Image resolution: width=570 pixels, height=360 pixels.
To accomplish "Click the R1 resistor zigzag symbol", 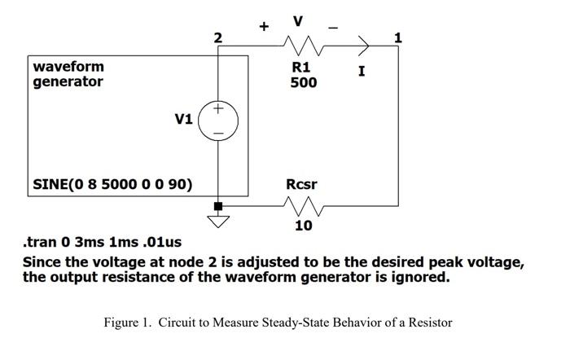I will (303, 46).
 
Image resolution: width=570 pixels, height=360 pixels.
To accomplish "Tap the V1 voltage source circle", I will (218, 120).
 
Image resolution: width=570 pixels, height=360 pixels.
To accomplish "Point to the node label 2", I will (216, 37).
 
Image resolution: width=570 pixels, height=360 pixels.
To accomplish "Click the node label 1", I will (397, 37).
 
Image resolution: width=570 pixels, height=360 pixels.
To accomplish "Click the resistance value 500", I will (304, 83).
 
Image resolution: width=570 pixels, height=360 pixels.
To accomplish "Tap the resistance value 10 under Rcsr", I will (303, 226).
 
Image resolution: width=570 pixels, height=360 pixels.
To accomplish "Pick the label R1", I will (301, 68).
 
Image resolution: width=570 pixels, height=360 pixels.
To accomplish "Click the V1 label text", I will (184, 119).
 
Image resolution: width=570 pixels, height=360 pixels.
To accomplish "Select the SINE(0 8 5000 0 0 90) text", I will (112, 184).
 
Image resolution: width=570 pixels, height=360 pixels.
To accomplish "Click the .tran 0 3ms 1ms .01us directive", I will (103, 243).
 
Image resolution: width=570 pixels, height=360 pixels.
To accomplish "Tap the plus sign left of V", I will (264, 26).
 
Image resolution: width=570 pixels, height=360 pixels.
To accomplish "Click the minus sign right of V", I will (332, 27).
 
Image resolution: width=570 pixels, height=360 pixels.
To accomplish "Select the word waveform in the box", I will (68, 66).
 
